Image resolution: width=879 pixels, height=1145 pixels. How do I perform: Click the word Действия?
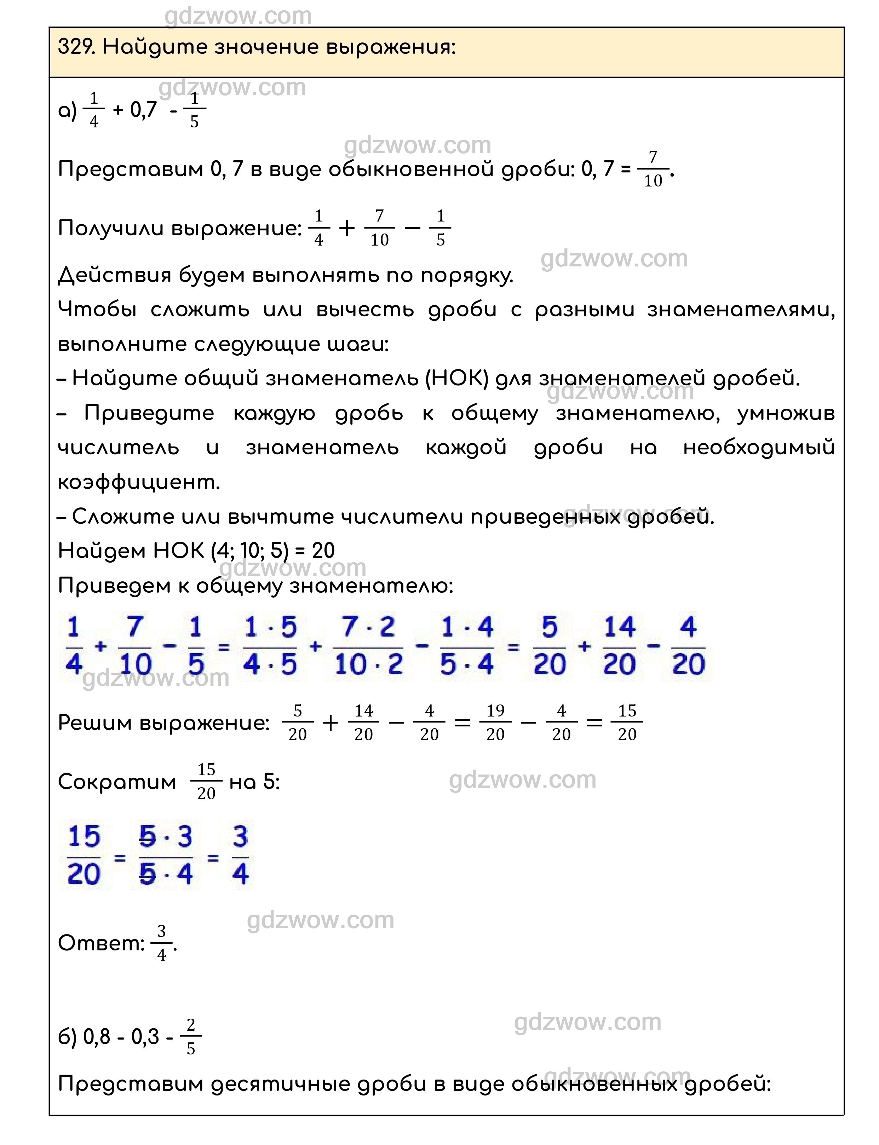(x=115, y=275)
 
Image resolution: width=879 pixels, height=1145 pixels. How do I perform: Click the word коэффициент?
(x=139, y=482)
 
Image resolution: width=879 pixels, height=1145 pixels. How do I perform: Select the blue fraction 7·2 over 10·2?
(x=369, y=646)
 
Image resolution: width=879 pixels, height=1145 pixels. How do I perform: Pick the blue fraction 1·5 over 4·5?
(x=270, y=646)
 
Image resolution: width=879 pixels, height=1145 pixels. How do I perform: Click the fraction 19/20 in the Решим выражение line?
(x=495, y=723)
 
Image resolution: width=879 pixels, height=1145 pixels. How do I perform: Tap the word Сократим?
(x=117, y=782)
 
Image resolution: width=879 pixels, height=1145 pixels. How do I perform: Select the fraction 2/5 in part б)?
(x=190, y=1037)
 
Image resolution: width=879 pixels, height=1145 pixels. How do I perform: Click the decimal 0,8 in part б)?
(x=97, y=1037)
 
